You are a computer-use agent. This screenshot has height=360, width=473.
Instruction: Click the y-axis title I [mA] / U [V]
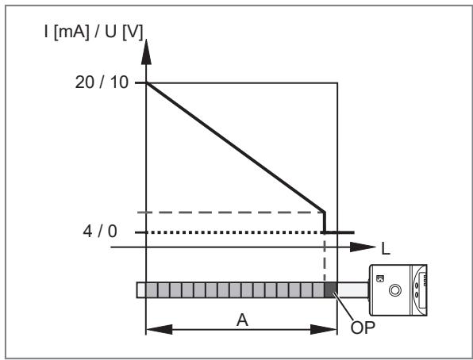[x=94, y=32]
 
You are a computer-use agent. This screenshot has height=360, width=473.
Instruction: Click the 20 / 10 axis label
[x=102, y=82]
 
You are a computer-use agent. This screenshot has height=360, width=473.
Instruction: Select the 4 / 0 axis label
[x=100, y=232]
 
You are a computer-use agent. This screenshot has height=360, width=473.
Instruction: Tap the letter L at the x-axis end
[x=386, y=249]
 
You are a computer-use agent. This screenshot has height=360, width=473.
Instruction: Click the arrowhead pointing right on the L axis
[x=363, y=247]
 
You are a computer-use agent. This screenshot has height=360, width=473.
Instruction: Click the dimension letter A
[x=242, y=320]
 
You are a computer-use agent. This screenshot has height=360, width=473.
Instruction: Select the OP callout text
[x=363, y=327]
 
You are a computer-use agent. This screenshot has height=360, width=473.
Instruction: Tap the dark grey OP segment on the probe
[x=331, y=289]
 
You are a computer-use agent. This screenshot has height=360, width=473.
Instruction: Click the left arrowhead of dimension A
[x=160, y=329]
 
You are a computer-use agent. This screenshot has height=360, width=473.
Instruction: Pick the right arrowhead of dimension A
[x=324, y=329]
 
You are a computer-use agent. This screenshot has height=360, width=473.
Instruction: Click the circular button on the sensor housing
[x=395, y=290]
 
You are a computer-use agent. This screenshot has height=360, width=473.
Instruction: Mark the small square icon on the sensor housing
[x=380, y=278]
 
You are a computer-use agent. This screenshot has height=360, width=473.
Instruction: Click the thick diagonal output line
[x=235, y=147]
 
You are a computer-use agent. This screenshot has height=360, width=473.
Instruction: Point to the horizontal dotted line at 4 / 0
[x=234, y=232]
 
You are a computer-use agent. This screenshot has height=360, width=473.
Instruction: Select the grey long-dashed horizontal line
[x=231, y=213]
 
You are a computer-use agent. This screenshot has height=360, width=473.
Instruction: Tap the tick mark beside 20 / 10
[x=140, y=82]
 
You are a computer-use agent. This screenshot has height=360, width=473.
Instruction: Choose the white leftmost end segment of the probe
[x=141, y=289]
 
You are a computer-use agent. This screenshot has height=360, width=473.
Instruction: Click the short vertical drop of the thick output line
[x=325, y=222]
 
